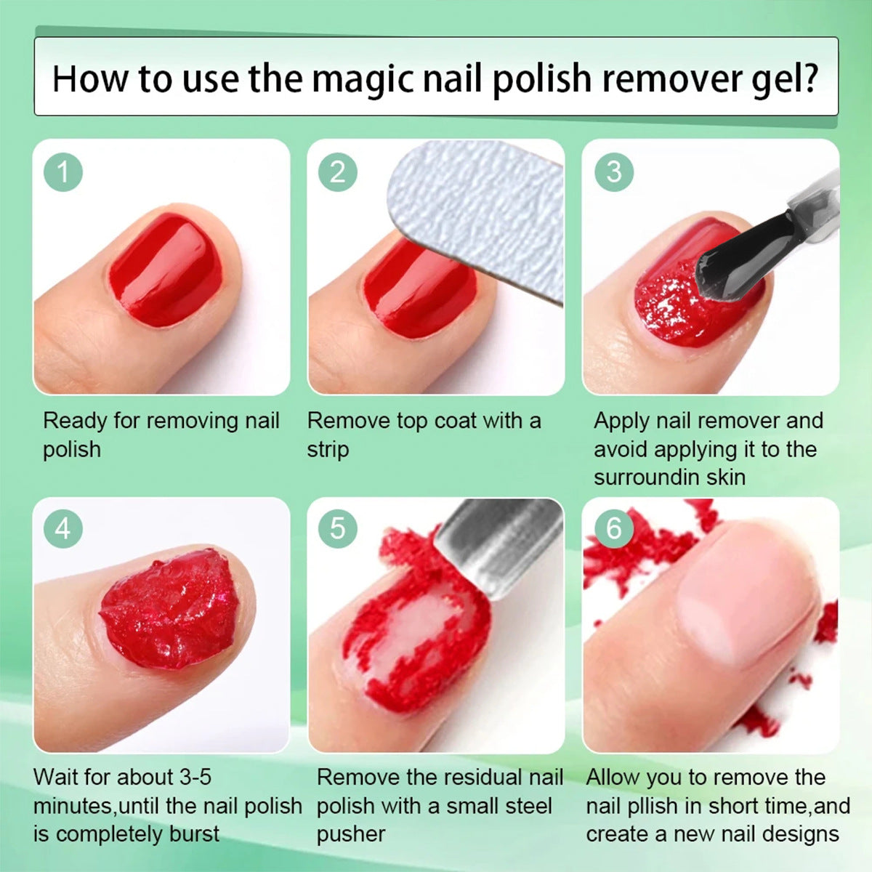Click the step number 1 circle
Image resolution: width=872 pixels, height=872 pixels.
[63, 172]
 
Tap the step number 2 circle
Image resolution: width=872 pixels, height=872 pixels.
[338, 172]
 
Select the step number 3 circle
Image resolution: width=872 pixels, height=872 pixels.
[613, 172]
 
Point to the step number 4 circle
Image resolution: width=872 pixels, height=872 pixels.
[63, 528]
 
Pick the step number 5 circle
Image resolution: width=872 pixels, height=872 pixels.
[338, 528]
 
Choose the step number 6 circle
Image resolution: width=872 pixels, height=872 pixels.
[613, 528]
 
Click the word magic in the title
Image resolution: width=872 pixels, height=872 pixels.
[363, 80]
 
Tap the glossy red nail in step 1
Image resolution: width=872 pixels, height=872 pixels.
[166, 269]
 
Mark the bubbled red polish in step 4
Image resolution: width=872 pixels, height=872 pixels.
[170, 609]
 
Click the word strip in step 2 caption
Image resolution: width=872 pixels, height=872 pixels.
[328, 450]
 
